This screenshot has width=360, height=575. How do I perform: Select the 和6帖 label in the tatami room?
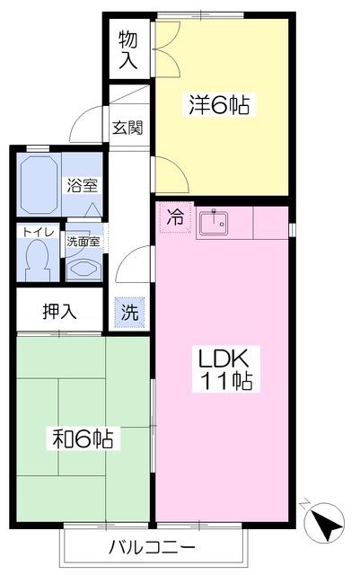81,439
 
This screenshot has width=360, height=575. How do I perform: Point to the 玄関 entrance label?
127,127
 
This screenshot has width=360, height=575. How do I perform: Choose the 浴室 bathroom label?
83,186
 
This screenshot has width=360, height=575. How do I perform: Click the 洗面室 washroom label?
84,242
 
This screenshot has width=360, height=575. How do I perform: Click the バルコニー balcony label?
151,547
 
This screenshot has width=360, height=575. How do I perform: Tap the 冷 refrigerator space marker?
176,217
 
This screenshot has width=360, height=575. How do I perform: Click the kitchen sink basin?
215,223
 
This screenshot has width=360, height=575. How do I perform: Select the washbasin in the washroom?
83,267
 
